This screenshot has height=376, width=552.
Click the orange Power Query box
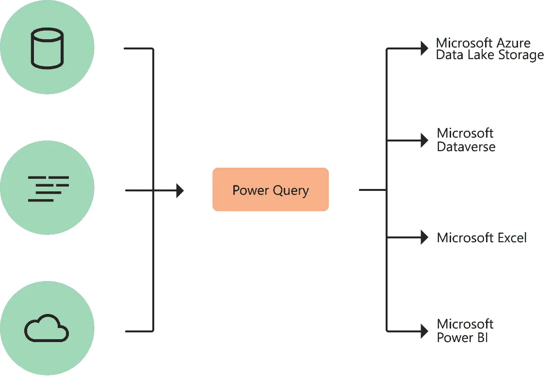[x=270, y=189]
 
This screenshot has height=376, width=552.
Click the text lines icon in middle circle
[x=48, y=188]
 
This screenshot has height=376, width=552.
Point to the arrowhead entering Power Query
[x=180, y=190]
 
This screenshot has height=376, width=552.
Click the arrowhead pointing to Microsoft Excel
[x=424, y=237]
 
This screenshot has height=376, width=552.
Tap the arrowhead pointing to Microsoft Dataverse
[x=424, y=141]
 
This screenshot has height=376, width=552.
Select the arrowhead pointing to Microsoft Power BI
[x=424, y=331]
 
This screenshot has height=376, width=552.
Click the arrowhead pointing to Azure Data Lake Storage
[x=424, y=48]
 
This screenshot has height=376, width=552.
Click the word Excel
[x=512, y=238]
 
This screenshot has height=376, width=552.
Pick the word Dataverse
[x=466, y=147]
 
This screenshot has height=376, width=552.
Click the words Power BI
[x=462, y=337]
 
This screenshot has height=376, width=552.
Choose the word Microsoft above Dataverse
[x=465, y=133]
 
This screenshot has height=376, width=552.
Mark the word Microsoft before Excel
[x=465, y=238]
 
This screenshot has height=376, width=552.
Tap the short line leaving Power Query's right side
[x=372, y=190]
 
